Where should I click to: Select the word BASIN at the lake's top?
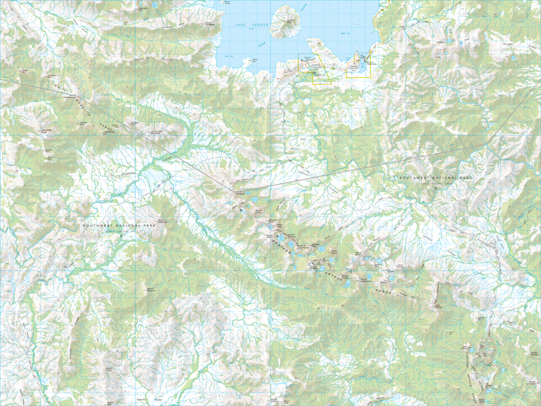(x=304, y=6)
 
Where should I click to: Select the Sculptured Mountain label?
(x=156, y=133)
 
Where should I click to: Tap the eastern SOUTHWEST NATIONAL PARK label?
(x=433, y=178)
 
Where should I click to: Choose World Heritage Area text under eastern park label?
(x=433, y=183)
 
